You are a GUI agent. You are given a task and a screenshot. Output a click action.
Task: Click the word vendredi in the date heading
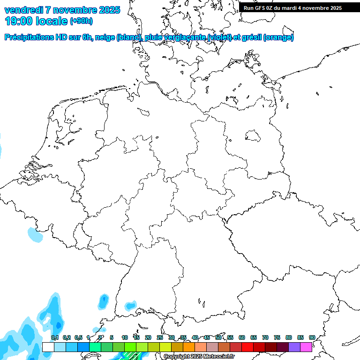coord(23,10)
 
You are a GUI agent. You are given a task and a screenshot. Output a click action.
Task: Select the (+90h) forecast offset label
coord(81,21)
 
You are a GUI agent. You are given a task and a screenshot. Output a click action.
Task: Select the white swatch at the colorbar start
coord(48,347)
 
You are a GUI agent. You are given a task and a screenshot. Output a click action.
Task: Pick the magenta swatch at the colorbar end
coord(306,347)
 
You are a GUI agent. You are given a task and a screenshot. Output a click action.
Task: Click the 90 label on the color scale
coord(312,337)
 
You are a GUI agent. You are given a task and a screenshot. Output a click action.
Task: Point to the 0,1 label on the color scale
coord(55,337)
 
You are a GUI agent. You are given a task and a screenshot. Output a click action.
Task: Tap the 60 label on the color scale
coord(242,337)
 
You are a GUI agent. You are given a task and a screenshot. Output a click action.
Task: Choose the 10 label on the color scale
coord(125,337)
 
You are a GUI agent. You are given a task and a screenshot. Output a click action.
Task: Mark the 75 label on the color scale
coord(277,337)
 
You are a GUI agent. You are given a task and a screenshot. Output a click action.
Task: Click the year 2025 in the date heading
coord(108,10)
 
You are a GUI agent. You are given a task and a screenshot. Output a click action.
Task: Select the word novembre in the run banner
coord(314,8)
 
